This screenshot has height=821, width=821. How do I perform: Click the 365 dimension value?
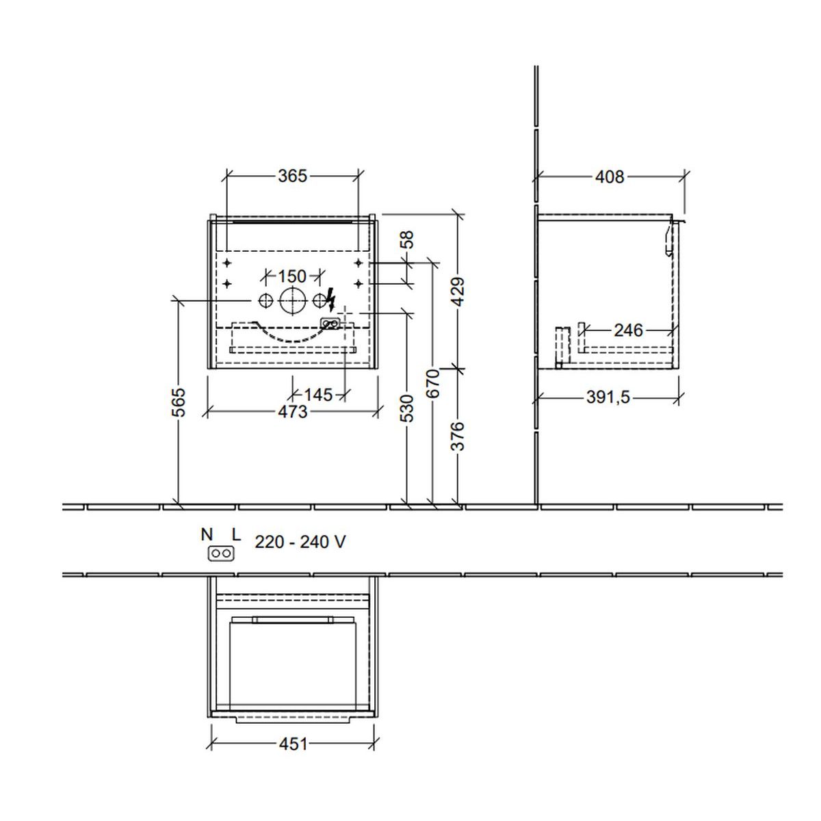(x=292, y=176)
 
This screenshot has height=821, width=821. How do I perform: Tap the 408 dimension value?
(x=610, y=177)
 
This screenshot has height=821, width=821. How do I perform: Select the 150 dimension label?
(x=292, y=276)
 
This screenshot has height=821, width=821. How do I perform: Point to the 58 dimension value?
(x=408, y=239)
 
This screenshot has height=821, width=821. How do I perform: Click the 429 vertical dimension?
(x=458, y=291)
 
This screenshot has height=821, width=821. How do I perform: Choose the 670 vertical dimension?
(x=433, y=383)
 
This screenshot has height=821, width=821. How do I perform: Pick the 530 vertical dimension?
(x=408, y=408)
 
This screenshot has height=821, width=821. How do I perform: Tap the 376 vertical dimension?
(x=458, y=436)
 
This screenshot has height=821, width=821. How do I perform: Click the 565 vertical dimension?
(x=179, y=402)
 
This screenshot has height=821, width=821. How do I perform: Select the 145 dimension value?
(x=318, y=395)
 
